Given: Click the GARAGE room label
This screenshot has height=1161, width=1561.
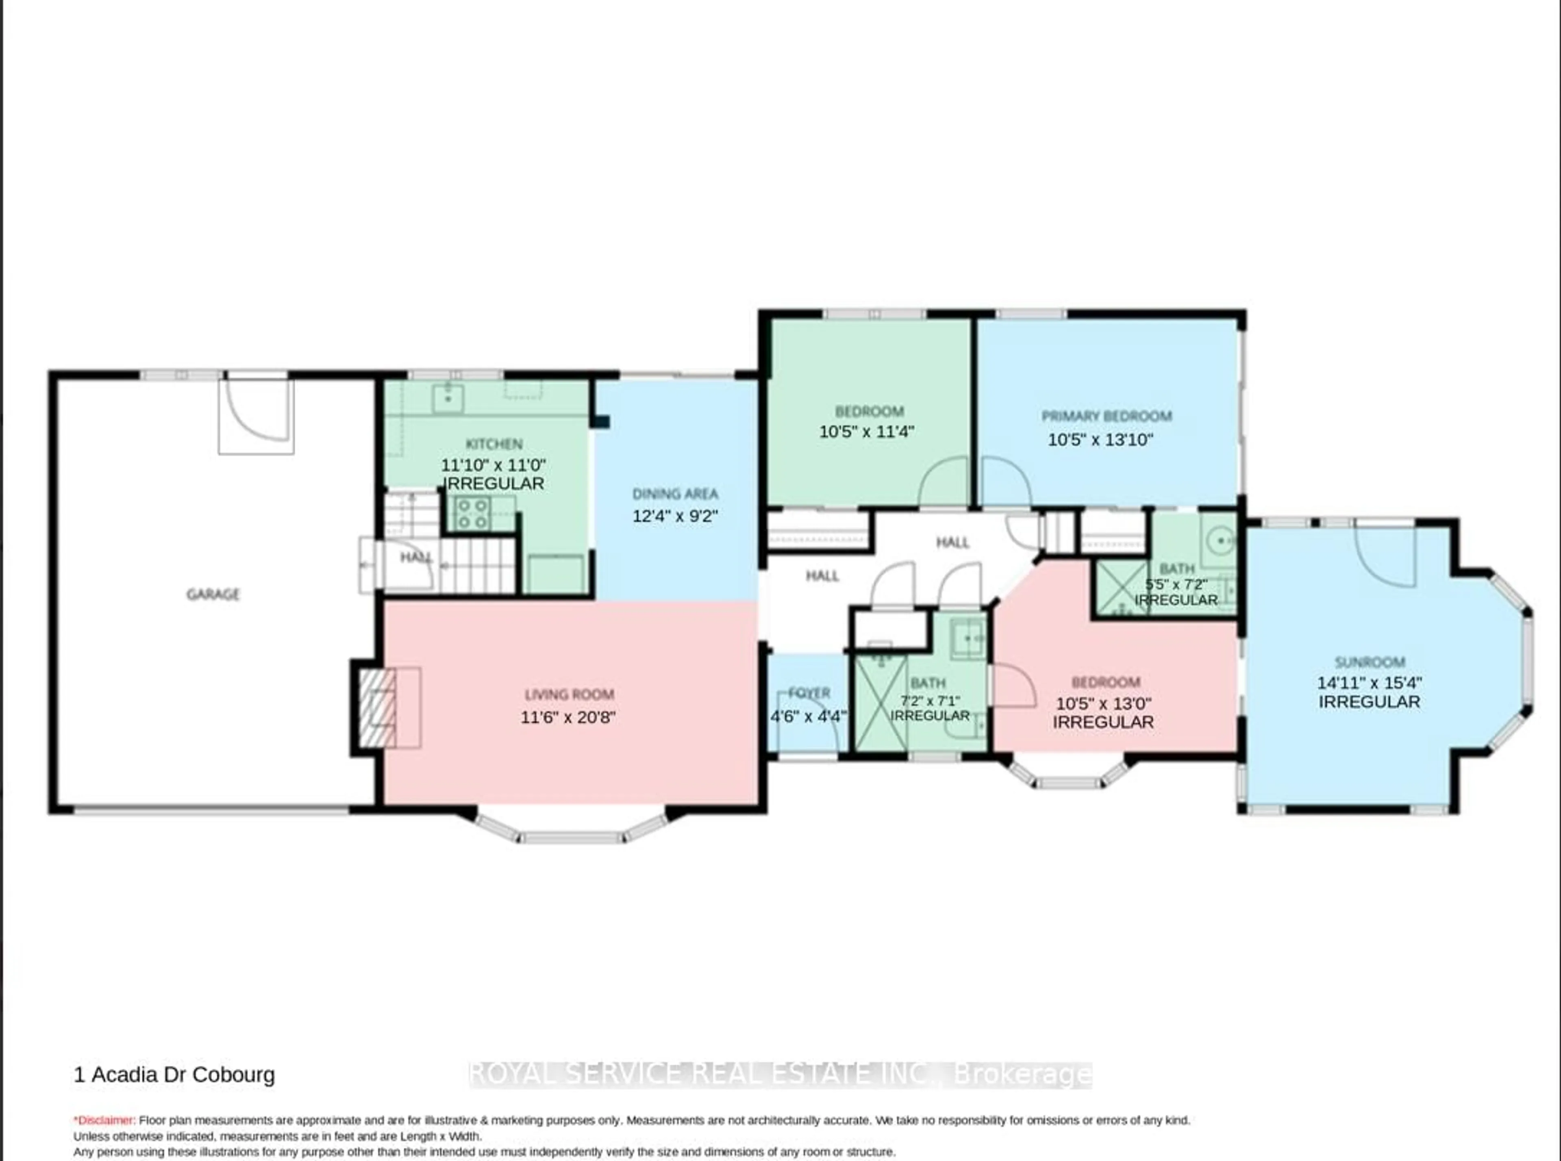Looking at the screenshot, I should (213, 595).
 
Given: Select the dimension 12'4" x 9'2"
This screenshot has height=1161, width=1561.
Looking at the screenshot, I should (675, 516).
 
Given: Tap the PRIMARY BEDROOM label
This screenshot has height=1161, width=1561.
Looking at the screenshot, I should (1106, 416).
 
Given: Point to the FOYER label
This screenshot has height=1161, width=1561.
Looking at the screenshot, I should (809, 693).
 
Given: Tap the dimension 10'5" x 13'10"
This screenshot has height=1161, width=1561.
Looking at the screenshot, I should (1101, 440).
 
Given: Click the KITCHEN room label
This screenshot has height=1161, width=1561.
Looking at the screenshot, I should (494, 444).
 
